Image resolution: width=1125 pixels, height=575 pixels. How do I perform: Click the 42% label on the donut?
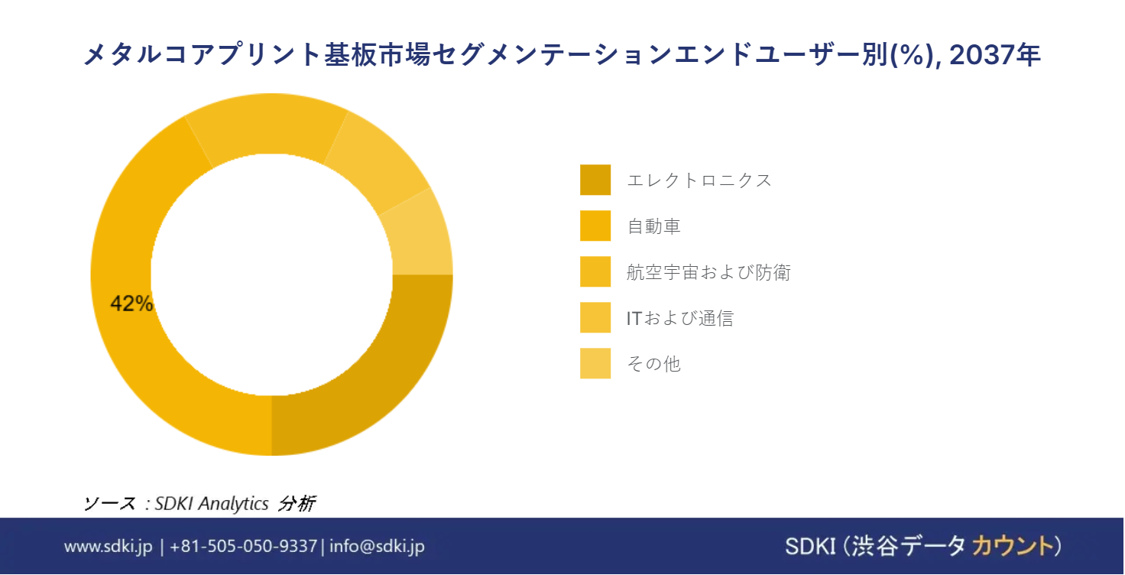[131, 304]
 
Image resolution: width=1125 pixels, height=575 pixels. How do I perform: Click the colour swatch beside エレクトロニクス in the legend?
[595, 180]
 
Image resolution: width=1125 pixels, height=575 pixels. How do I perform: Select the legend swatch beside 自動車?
[595, 226]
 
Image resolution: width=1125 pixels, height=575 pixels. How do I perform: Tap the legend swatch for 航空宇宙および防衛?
[595, 271]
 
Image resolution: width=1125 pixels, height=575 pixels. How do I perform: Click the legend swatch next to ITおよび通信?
[595, 317]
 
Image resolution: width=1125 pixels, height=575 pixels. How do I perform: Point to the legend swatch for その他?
[595, 363]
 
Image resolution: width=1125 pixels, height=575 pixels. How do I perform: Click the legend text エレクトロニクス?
[699, 180]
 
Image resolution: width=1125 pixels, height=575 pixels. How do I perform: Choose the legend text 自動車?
[654, 226]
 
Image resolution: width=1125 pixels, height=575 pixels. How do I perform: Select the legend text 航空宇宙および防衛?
[708, 272]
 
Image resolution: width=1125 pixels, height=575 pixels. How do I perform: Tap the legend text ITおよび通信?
[680, 318]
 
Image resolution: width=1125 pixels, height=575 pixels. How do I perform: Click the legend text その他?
[654, 364]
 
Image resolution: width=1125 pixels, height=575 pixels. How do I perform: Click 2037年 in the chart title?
[994, 54]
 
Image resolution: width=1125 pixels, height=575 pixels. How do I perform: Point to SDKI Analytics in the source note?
[212, 503]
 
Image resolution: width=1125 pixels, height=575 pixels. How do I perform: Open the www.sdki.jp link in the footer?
[108, 546]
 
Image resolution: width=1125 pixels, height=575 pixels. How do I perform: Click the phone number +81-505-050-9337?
[244, 546]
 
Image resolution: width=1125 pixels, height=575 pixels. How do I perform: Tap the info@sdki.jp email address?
[378, 546]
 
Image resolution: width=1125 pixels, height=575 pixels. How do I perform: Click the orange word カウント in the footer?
[1013, 546]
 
